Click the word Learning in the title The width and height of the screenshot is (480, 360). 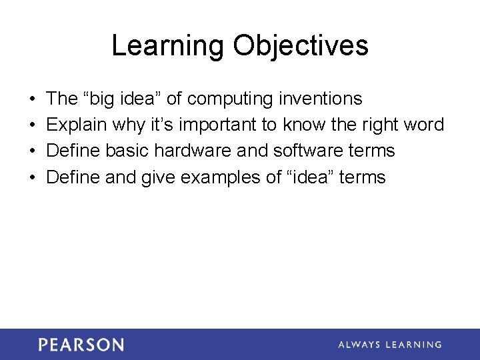167,46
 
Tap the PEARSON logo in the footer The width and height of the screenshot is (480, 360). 81,345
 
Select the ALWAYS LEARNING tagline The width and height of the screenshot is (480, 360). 389,345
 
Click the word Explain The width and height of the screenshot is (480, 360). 77,125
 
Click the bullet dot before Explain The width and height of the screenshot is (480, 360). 33,125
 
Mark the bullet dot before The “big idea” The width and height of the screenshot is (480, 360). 33,99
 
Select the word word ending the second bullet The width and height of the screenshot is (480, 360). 424,125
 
